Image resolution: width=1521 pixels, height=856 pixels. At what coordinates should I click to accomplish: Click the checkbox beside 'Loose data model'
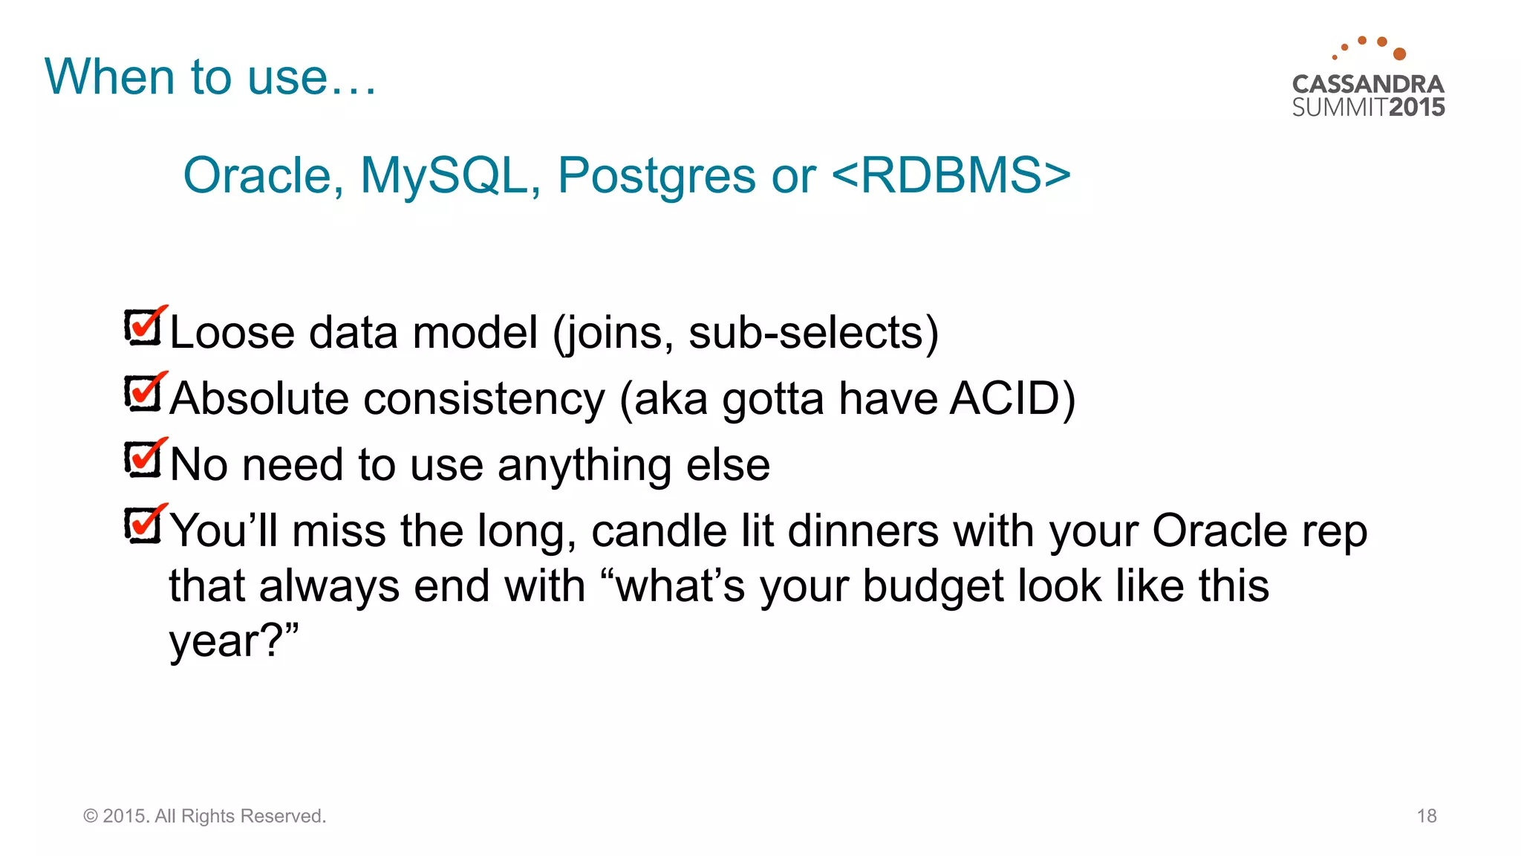143,328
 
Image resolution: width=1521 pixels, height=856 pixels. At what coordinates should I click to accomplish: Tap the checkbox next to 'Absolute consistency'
143,394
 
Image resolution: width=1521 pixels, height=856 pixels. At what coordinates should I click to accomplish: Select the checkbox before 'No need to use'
143,460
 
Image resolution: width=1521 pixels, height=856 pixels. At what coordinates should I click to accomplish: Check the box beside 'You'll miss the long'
143,526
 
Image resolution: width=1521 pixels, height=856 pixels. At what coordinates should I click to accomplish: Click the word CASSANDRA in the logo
1368,84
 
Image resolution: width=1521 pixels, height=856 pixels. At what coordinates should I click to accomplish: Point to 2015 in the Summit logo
1416,107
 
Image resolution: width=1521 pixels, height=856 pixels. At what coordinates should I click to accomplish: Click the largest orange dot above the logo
1399,53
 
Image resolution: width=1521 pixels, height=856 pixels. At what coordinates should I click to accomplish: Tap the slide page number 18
1426,816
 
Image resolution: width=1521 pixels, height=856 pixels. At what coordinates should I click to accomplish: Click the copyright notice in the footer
204,816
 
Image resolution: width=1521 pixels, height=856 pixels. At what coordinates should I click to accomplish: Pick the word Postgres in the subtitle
657,176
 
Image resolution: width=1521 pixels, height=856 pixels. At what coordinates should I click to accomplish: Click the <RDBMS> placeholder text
951,176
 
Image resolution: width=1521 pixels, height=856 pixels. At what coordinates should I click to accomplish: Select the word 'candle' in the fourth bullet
659,531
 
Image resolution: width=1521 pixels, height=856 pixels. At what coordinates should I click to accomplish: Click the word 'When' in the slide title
111,77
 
